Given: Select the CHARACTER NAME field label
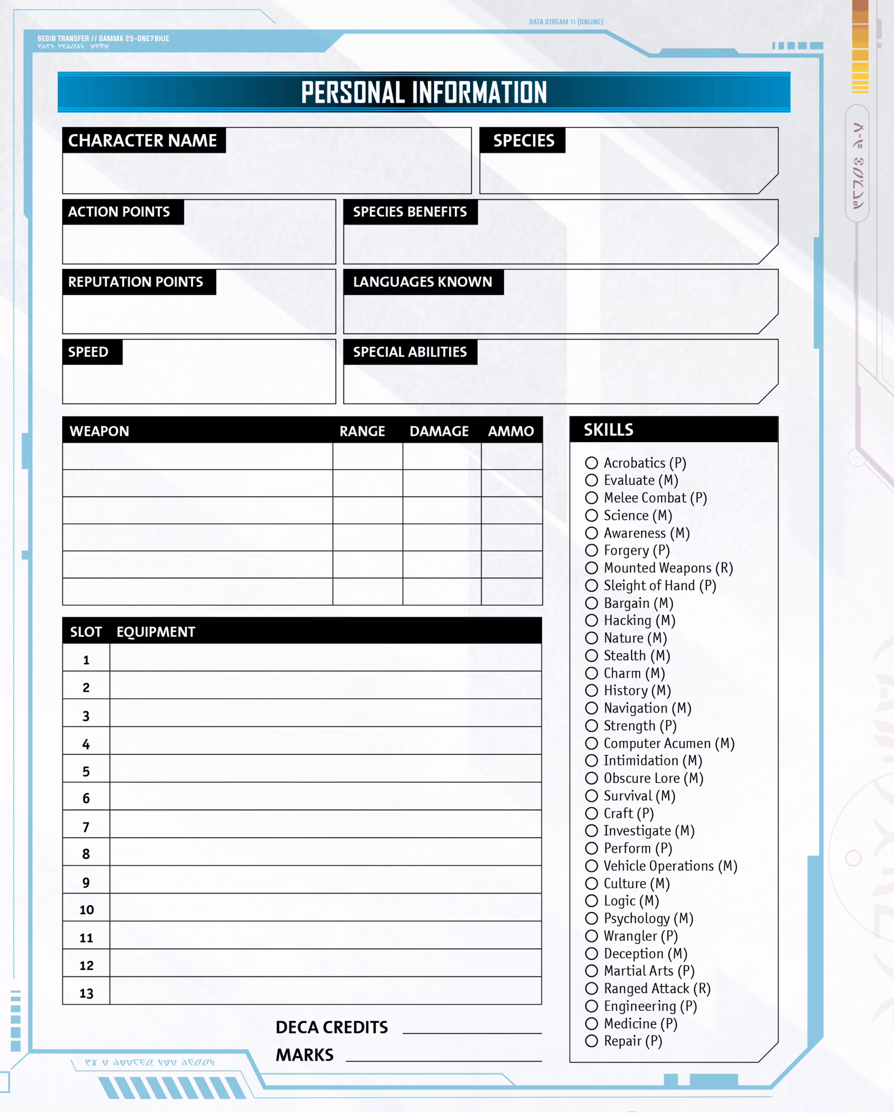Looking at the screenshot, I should pos(142,141).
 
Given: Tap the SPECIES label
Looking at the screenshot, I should pos(523,141).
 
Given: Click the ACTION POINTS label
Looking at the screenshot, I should pos(119,211).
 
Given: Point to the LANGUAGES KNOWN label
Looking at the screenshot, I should pos(423,282).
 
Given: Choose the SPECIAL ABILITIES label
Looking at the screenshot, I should pos(409,352).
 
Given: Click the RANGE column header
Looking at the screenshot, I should pos(362,431).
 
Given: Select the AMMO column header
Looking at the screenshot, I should pos(510,431).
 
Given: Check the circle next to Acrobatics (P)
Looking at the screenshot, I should pos(591,462).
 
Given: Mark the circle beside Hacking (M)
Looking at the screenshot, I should pos(591,620).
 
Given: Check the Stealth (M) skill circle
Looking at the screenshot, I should pos(591,656).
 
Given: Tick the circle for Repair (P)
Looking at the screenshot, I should pos(591,1041).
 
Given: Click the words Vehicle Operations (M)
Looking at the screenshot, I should pos(670,866).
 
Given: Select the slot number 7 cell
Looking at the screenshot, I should pos(86,828).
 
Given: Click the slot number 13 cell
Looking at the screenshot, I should pos(86,994).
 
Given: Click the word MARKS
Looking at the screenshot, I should pos(304,1055).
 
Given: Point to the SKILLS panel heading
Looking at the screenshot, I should pos(609,429).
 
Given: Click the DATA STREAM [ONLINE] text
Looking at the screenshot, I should pos(566,22).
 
